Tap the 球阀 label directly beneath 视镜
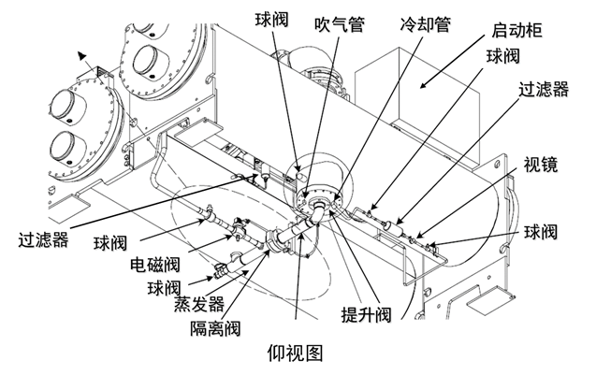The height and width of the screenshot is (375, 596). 550,230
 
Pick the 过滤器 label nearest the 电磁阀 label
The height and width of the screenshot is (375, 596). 42,239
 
